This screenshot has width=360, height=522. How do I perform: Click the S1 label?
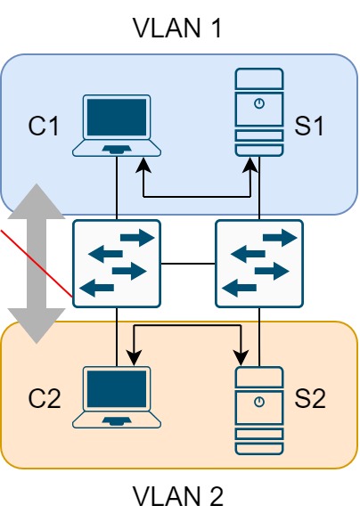[309, 126]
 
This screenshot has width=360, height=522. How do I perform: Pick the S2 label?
[309, 397]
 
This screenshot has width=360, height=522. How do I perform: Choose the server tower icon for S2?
[258, 408]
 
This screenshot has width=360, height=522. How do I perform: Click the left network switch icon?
[116, 264]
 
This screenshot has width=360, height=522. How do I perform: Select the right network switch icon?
[259, 264]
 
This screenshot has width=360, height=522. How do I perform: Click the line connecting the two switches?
[188, 264]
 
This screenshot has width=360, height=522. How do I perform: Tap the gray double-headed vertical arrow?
[37, 264]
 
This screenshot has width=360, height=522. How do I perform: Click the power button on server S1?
[258, 104]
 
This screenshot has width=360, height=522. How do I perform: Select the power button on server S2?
[258, 402]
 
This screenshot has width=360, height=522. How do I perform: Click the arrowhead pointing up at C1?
[143, 167]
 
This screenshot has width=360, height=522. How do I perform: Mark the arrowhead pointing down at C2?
[134, 358]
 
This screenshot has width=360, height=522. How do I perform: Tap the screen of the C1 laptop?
[116, 117]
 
